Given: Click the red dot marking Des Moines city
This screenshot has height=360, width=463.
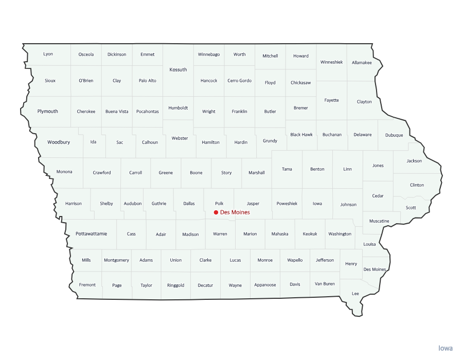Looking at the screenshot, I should (x=216, y=212).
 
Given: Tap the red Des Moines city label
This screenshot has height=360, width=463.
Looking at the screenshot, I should (x=235, y=212).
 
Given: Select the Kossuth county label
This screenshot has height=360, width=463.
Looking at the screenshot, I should (x=179, y=69).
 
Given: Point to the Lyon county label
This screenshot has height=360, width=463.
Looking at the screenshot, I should (x=48, y=54).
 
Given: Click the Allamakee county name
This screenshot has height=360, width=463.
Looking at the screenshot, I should (x=362, y=63).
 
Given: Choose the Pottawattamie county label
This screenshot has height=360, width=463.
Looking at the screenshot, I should (x=92, y=233).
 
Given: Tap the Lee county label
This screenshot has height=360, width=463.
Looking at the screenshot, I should (x=355, y=293).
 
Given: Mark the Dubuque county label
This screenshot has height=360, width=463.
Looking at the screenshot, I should (x=394, y=135).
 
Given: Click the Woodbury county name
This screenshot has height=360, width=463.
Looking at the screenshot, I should (x=59, y=142).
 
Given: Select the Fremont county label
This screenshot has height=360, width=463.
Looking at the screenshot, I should (x=87, y=285).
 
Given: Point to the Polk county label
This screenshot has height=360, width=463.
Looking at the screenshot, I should (x=219, y=204).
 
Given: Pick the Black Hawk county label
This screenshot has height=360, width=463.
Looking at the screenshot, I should (x=301, y=135).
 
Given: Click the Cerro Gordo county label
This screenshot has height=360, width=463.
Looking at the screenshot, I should (x=240, y=81).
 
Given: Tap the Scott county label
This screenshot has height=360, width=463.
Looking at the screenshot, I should (x=411, y=208).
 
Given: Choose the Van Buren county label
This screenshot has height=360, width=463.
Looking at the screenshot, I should (x=325, y=284).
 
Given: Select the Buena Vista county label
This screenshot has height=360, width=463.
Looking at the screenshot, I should (x=117, y=112).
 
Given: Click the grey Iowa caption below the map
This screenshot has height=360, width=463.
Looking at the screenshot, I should (x=446, y=348).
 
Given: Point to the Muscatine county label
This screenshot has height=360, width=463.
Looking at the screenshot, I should (x=379, y=221).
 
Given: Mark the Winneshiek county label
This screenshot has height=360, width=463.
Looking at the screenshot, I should (x=331, y=62).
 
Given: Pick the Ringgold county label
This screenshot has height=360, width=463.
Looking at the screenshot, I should (x=175, y=285).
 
